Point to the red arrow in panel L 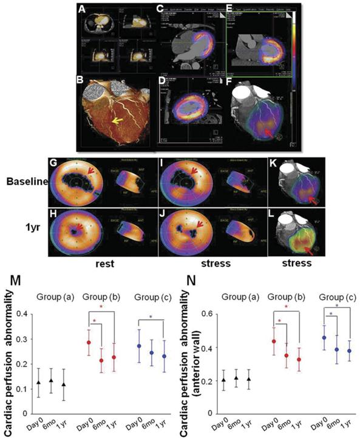coord(312,247)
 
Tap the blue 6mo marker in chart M coord(152,352)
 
